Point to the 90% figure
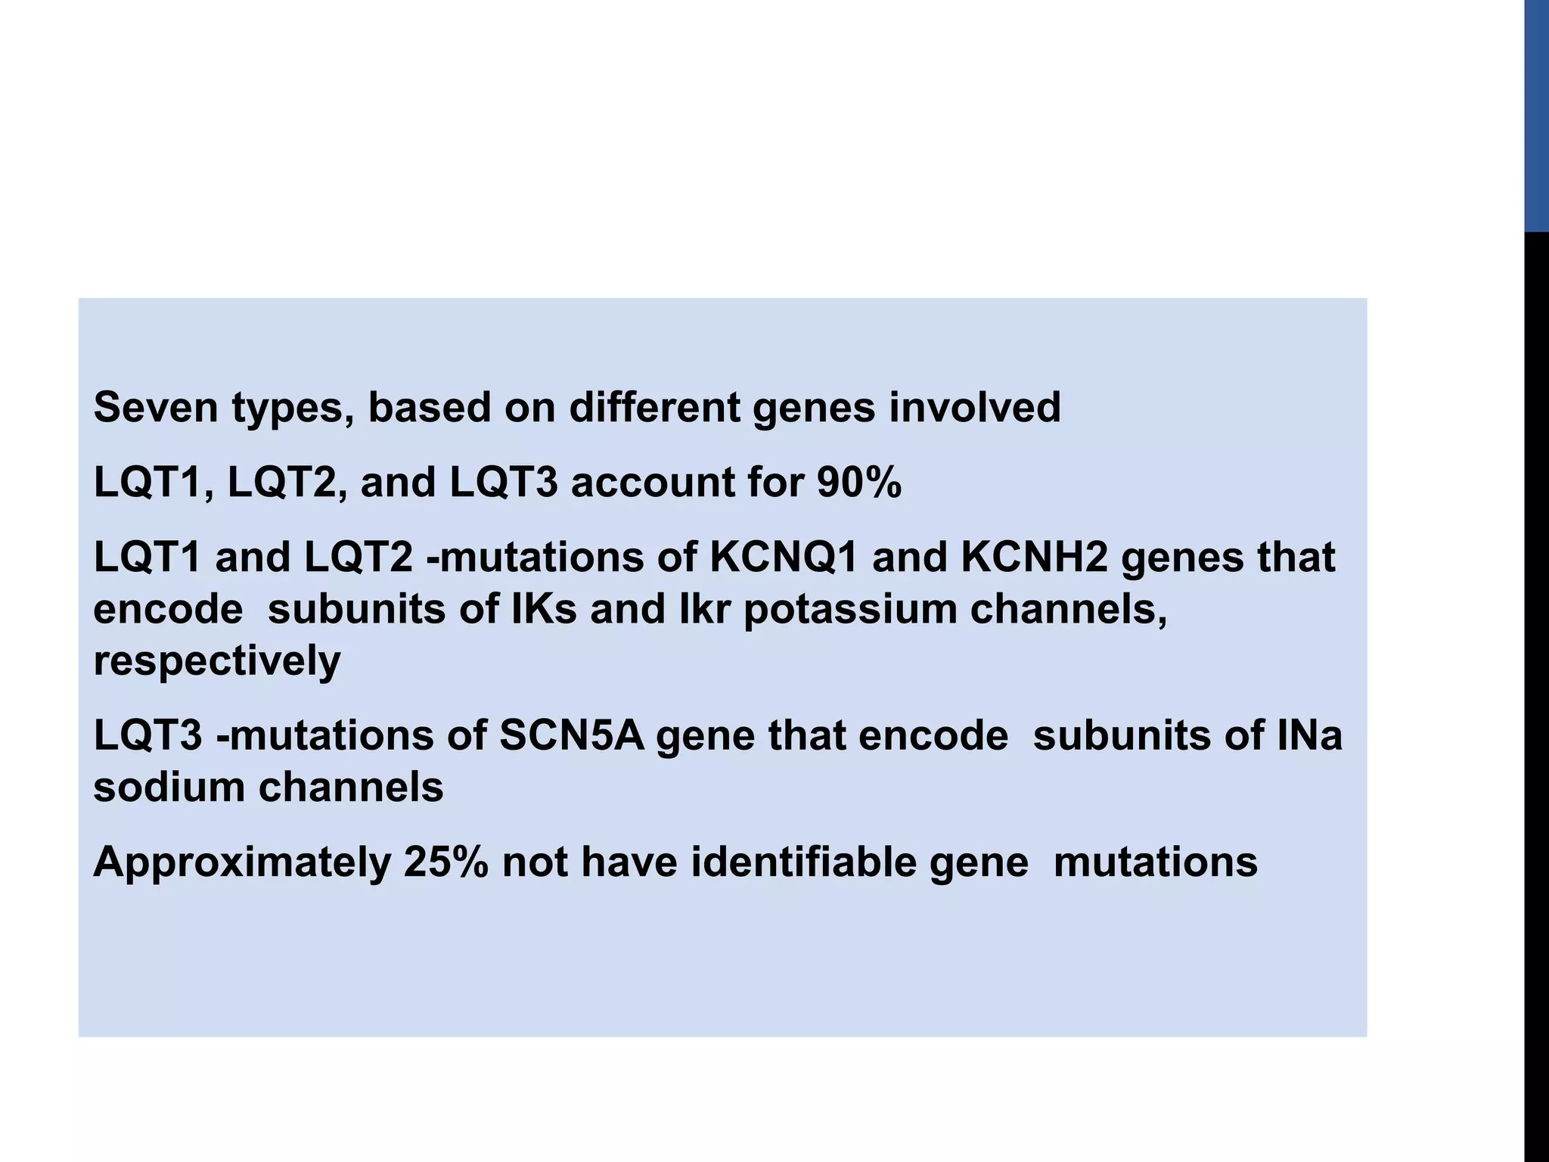coord(859,482)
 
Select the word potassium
coord(850,609)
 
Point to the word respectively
coord(217,661)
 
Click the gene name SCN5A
coord(572,735)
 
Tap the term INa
coord(1310,735)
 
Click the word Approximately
coord(242,862)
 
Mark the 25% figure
coord(445,862)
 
